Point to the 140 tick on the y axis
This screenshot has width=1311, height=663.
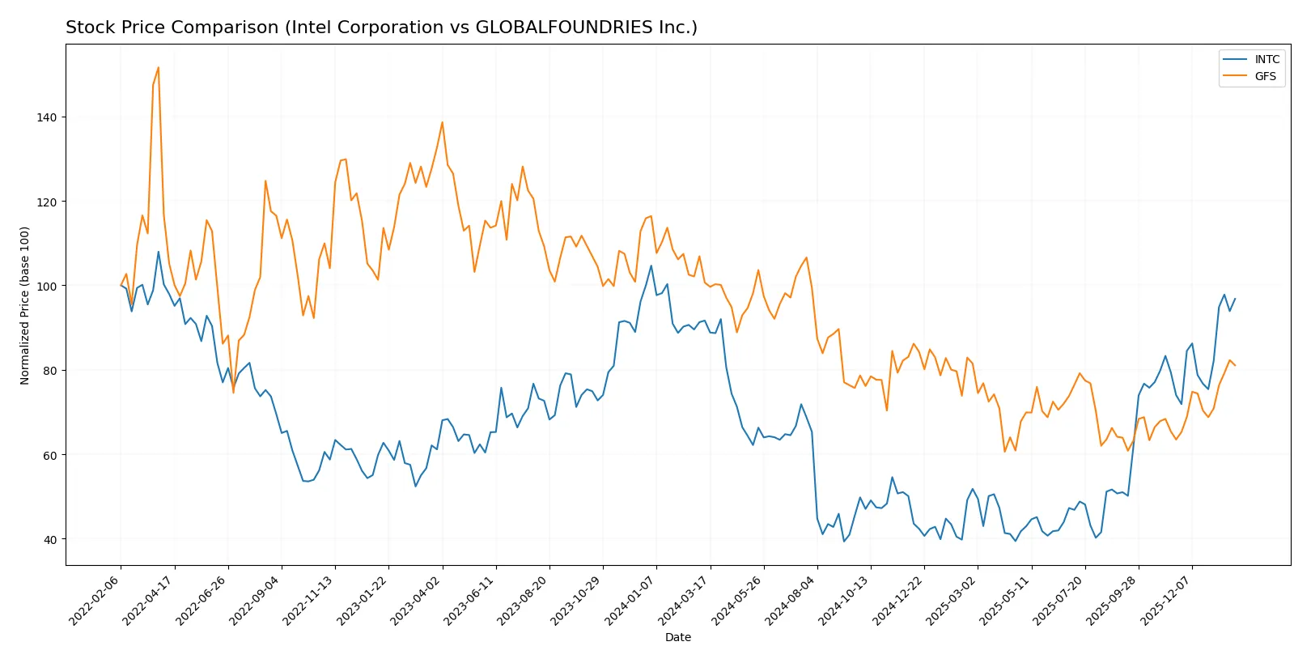[x=46, y=117]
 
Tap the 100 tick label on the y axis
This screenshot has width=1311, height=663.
[x=46, y=286]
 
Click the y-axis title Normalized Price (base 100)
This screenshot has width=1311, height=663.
[x=25, y=305]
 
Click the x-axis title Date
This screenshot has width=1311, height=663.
[x=677, y=637]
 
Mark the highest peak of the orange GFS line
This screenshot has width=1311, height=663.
[x=158, y=67]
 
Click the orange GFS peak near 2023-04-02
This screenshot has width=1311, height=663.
[x=442, y=122]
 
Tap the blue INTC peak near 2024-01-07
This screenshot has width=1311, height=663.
[x=651, y=266]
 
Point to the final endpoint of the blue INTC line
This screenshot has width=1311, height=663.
[x=1235, y=299]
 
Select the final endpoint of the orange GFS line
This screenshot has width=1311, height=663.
[x=1235, y=365]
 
